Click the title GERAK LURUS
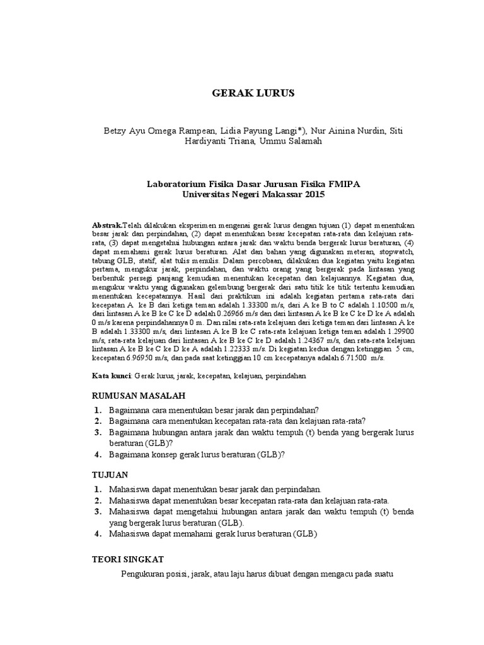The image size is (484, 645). [x=252, y=93]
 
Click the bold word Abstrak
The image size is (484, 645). [x=107, y=224]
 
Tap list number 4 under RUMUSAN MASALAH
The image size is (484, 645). [x=98, y=455]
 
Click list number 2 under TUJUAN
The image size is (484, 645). [x=98, y=500]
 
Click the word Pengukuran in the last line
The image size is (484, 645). [x=144, y=574]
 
